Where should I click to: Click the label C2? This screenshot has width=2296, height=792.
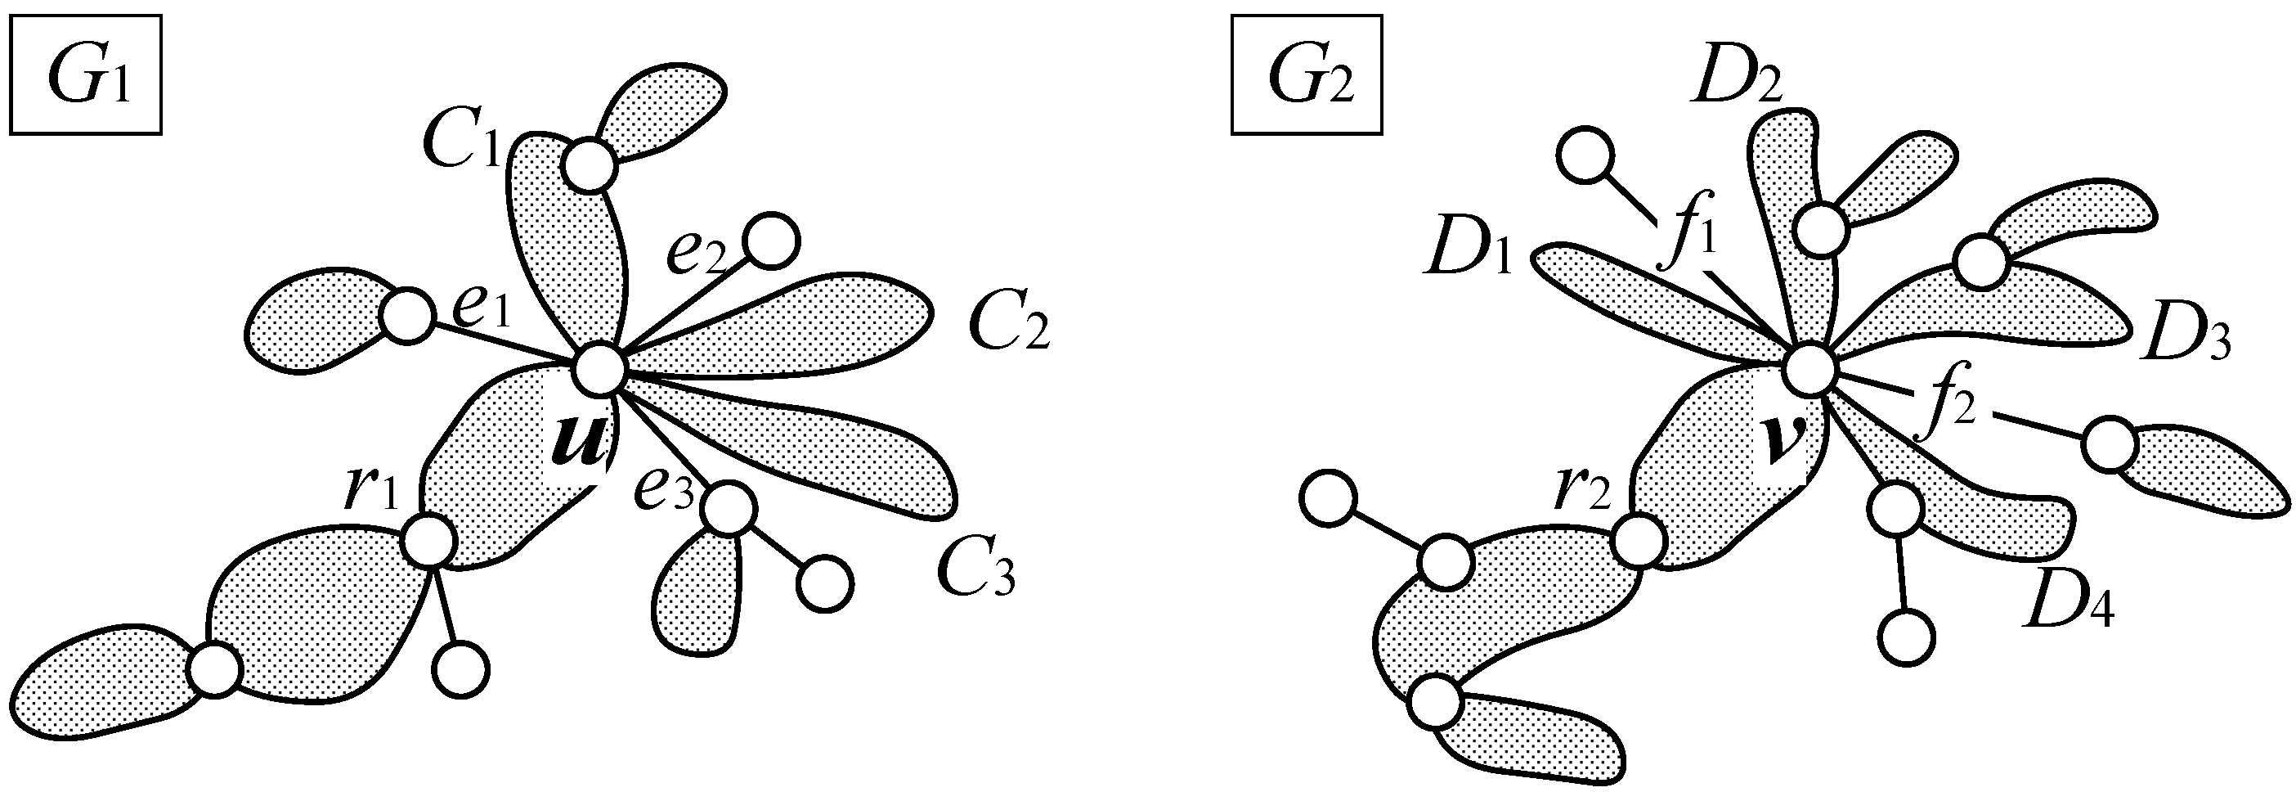pyautogui.click(x=1010, y=323)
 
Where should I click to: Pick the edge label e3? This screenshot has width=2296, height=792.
pyautogui.click(x=663, y=488)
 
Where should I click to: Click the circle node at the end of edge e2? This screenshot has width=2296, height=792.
pyautogui.click(x=770, y=241)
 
